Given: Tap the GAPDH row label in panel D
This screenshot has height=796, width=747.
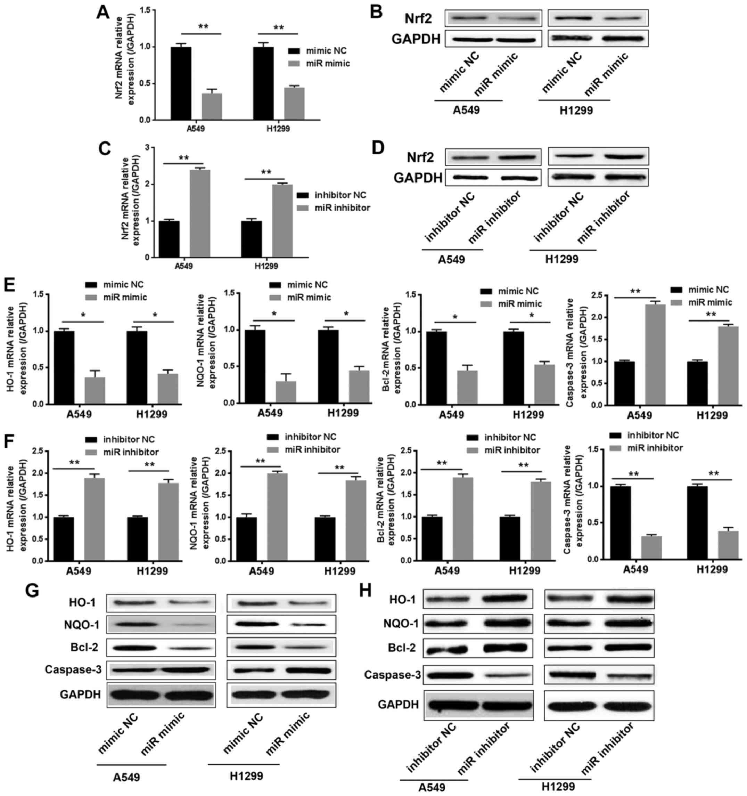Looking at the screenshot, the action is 418,177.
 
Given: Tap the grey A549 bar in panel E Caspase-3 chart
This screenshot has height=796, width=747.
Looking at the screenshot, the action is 655,354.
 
